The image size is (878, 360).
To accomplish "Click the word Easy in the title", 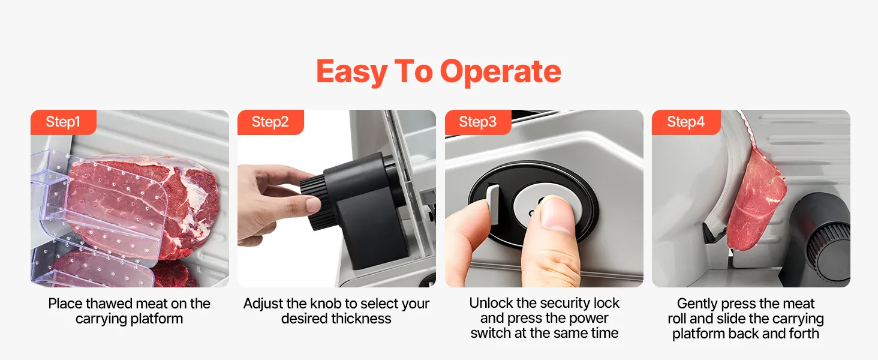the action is click(351, 72).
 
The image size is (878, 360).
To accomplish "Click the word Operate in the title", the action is click(501, 72).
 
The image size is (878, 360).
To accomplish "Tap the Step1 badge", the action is click(64, 122).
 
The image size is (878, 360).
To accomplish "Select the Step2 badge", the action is click(270, 122).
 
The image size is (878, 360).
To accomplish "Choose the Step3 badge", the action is click(478, 122).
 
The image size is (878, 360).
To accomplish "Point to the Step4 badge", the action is click(686, 122).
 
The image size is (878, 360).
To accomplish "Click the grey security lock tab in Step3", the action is click(493, 204).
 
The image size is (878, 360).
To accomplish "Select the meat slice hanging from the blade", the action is click(754, 200).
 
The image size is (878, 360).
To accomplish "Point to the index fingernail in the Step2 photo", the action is click(313, 204).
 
